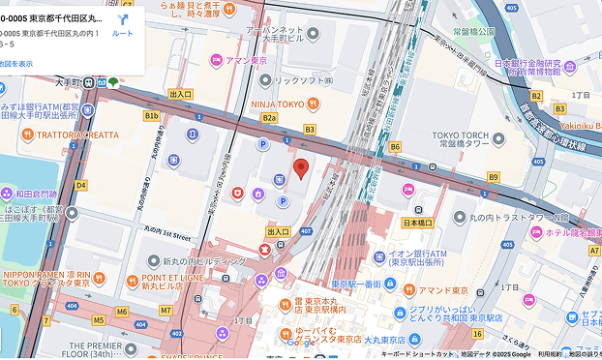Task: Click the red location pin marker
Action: (300, 168)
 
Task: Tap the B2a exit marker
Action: (269, 118)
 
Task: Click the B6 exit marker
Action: (395, 146)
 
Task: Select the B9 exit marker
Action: (493, 177)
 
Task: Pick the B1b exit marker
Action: (151, 116)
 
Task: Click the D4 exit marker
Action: (80, 184)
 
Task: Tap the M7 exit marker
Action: (166, 311)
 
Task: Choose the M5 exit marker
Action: (98, 319)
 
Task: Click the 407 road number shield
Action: (306, 231)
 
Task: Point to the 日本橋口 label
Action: (416, 223)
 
